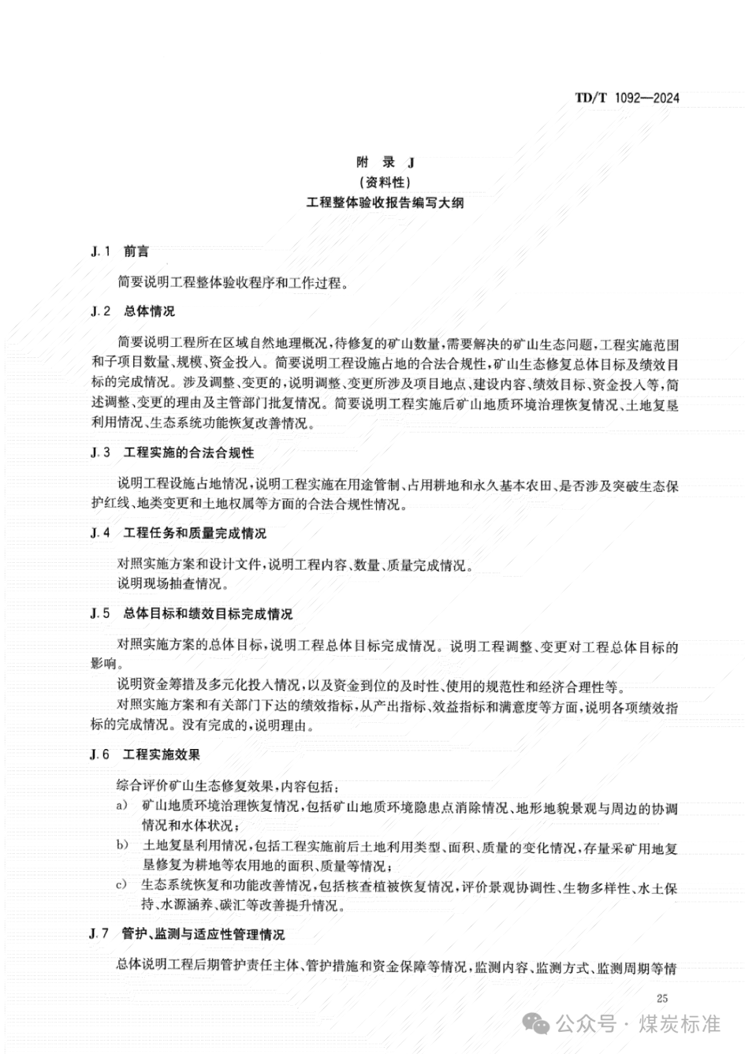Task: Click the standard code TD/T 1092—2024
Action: click(626, 98)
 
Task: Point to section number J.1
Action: click(101, 252)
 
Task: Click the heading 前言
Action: click(136, 252)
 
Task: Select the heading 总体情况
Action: click(149, 311)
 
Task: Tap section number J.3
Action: click(101, 453)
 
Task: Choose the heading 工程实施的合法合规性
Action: click(188, 453)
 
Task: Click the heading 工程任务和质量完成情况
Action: click(195, 533)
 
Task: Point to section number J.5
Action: click(101, 613)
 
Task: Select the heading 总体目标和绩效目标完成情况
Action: click(208, 613)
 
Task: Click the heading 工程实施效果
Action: click(161, 755)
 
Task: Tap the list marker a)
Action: click(122, 806)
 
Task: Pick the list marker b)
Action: click(122, 845)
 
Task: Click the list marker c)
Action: click(122, 885)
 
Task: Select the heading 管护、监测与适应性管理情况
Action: click(203, 934)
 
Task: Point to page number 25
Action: click(662, 998)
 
